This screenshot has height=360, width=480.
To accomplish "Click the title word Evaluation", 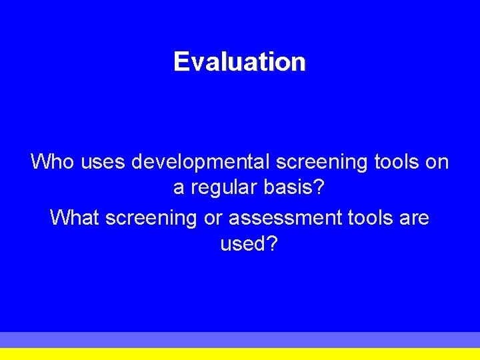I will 239,62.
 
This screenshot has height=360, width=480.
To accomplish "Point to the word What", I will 74,217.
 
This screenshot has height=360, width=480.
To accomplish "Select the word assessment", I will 286,218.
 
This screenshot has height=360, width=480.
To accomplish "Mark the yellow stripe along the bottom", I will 240,354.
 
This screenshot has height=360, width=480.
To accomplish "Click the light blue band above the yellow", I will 240,339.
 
